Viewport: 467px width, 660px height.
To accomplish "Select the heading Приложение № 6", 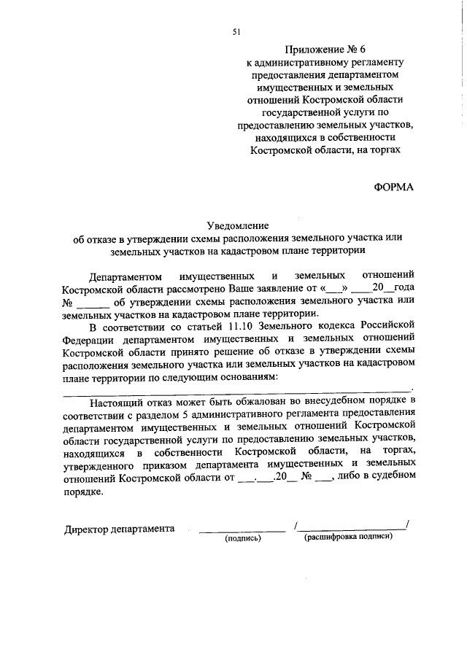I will click(325, 49).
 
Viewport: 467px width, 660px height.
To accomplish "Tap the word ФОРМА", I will click(394, 187).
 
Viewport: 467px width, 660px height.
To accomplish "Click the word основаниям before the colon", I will click(248, 377).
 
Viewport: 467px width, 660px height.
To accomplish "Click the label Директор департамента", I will click(119, 528).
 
